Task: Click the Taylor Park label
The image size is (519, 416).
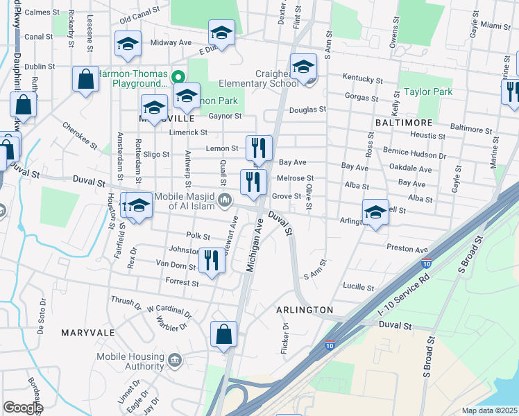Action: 428,92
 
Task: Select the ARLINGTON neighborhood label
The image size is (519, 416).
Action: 305,309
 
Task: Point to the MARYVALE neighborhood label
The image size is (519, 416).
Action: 87,333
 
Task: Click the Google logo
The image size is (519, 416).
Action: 23,408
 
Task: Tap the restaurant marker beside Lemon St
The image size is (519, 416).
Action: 259,147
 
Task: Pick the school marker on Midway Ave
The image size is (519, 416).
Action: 127,44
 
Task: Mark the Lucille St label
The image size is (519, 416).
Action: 359,286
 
